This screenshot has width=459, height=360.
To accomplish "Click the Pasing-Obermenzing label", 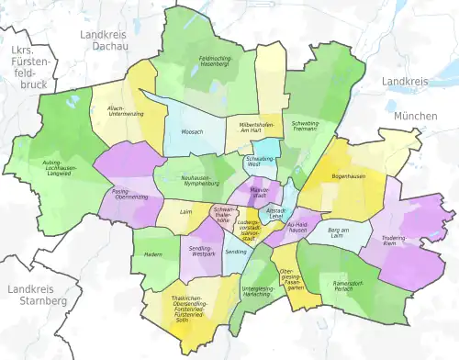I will [130, 197].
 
